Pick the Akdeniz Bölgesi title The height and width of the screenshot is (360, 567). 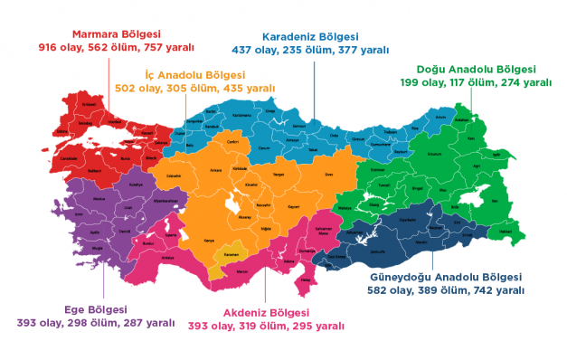coord(266,312)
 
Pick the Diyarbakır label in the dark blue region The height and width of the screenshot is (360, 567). coord(407,218)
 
